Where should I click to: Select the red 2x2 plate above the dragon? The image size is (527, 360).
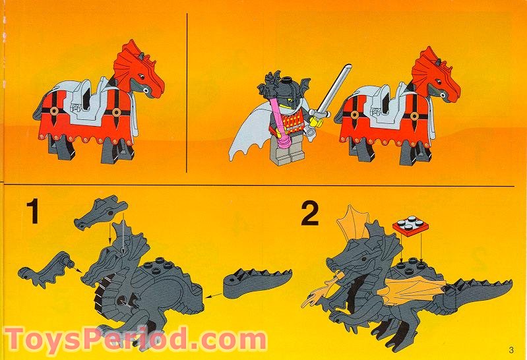click(x=410, y=227)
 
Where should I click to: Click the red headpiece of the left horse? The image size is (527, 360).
click(x=138, y=67)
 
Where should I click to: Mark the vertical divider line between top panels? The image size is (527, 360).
click(x=188, y=92)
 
